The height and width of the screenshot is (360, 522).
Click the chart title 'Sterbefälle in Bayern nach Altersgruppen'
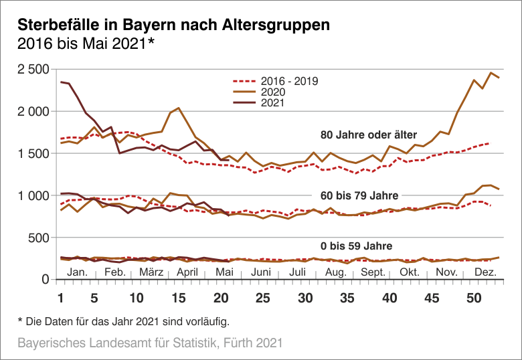173,25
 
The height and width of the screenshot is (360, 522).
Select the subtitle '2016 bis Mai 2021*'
86,45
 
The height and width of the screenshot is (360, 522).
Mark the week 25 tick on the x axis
263,298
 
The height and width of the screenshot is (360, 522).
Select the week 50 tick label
474,298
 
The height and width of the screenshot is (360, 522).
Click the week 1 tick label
61,298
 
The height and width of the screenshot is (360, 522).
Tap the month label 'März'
152,272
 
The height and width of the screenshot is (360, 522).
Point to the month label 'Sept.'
373,272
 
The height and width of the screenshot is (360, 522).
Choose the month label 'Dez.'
485,272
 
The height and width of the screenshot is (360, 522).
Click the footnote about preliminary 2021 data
122,321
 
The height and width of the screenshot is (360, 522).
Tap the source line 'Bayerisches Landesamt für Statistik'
149,343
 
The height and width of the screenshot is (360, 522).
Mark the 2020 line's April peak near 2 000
179,108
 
